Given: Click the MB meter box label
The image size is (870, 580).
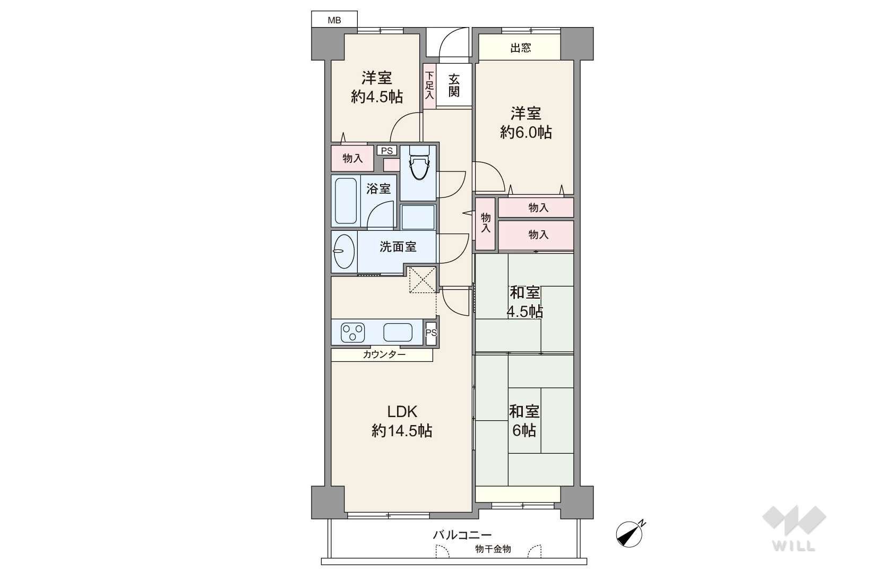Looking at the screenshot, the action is click(x=334, y=20).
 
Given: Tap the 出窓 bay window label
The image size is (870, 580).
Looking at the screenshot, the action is click(x=520, y=48).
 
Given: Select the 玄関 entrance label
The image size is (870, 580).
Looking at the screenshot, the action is click(x=454, y=85).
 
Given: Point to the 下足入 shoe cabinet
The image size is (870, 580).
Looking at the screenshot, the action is click(x=429, y=86).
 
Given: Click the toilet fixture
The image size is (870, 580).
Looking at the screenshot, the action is click(x=419, y=163).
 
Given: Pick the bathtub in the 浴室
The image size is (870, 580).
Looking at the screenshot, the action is click(x=346, y=201).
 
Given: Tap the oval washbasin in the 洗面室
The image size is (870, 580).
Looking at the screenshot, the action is click(x=344, y=251).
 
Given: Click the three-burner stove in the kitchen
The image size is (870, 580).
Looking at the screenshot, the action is click(x=352, y=333).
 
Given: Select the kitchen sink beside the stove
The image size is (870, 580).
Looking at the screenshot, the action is click(x=398, y=332).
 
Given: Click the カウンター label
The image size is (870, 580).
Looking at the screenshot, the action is click(x=384, y=354).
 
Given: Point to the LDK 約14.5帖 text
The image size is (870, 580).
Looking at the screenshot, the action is click(x=402, y=421).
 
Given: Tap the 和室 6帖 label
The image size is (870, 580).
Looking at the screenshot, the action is click(x=524, y=421).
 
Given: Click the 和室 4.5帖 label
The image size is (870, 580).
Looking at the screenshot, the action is click(x=525, y=302).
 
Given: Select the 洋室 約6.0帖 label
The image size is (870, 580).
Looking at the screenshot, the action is click(x=526, y=123).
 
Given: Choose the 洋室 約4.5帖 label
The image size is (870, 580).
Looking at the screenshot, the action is click(x=377, y=88).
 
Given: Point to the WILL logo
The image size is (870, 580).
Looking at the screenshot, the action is click(x=794, y=528).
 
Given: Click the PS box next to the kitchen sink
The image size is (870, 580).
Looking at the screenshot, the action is click(x=431, y=333).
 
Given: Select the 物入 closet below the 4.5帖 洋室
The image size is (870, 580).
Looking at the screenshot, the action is click(x=352, y=158).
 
